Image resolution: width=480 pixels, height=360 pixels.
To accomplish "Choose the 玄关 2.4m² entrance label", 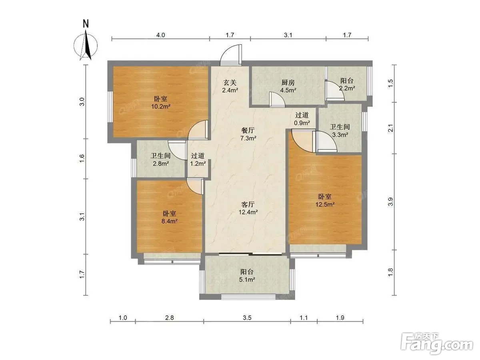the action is point(230,86).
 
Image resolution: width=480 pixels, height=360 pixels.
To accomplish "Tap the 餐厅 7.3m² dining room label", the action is point(248,134).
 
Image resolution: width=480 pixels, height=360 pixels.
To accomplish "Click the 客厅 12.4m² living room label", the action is point(248,208).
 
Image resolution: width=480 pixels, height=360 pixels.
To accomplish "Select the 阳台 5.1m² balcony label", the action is point(247,276).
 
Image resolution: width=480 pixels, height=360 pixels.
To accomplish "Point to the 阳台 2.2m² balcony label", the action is point(347,84).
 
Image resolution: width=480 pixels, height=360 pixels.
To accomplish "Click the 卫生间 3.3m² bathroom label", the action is point(340,130).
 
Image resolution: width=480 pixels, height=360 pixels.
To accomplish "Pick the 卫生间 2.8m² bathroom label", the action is point(161,159).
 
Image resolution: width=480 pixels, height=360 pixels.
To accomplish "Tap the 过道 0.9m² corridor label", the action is point(302,119).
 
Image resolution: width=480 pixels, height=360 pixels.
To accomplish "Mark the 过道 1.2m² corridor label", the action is point(198,159).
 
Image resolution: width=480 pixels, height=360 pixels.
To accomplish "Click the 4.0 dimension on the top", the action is point(160,35).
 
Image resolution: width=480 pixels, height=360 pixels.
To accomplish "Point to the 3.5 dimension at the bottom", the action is point(247,318).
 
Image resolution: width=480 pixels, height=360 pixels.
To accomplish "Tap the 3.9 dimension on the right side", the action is point(390,202).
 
